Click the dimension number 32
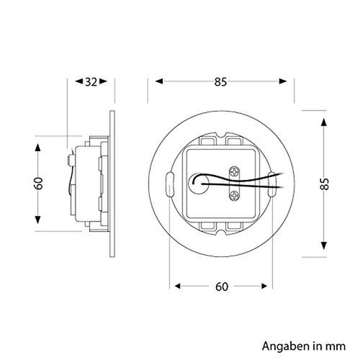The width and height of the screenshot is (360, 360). (91, 82)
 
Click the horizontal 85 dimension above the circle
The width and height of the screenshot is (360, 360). (220, 82)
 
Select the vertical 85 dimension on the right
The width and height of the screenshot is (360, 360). (325, 184)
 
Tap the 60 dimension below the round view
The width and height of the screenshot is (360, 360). (222, 287)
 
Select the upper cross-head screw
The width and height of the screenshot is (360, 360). (235, 172)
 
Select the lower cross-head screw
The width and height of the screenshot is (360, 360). (235, 196)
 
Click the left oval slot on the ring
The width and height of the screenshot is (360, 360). (170, 184)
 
